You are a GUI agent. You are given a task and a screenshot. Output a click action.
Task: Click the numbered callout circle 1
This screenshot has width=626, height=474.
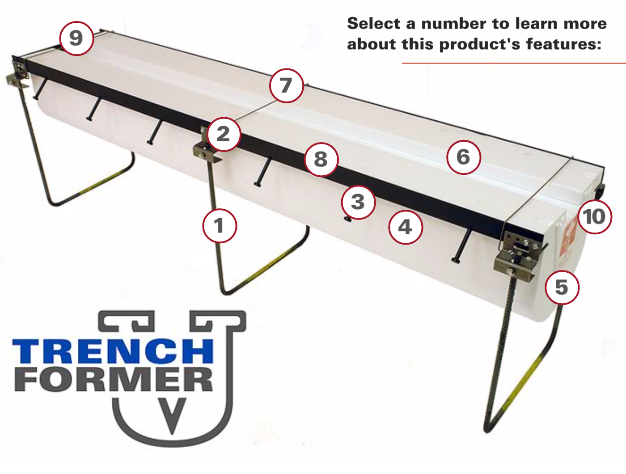pos(219,226)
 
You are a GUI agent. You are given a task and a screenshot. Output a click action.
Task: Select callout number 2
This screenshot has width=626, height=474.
pos(223,134)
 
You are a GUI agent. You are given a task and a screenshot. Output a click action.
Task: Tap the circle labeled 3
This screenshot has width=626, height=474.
pos(358,202)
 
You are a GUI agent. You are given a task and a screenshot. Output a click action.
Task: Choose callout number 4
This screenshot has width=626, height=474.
pos(405,227)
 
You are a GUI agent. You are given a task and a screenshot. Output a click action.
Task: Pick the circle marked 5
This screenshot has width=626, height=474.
pos(562,287)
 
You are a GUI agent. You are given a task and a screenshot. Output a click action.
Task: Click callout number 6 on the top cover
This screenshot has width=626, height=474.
pos(464,157)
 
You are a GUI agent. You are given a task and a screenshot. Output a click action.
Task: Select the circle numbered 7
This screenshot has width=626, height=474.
pos(286,85)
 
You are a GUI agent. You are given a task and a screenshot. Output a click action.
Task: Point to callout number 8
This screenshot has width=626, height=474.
pos(321,159)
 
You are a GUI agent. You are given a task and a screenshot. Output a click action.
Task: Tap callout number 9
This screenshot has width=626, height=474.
pos(76,38)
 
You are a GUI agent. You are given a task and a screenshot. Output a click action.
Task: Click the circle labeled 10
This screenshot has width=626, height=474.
pos(594,217)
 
